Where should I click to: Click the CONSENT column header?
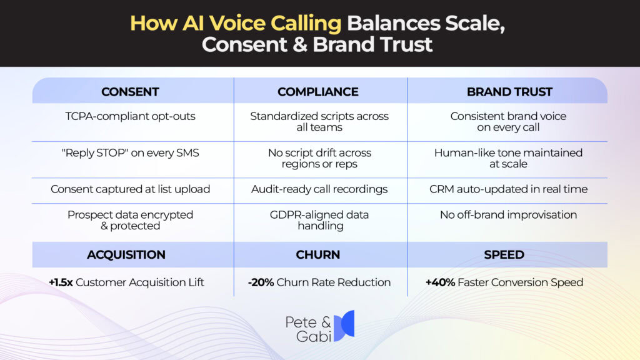coord(130,92)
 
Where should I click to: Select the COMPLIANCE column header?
coord(318,92)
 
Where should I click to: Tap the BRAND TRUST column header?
coord(509,92)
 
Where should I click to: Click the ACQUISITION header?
coord(126,254)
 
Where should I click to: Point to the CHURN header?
coord(318,254)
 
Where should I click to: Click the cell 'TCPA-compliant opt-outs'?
coord(130,116)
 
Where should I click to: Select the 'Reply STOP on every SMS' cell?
coord(130,152)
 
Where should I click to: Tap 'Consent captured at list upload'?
coord(130,189)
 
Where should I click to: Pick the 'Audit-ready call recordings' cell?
coord(319,189)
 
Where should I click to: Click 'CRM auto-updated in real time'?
coord(509,189)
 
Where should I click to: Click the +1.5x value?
coord(61,282)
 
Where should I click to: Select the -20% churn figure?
coord(261,282)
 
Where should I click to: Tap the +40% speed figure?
coord(440,282)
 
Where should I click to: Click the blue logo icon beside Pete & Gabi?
coord(344,326)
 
